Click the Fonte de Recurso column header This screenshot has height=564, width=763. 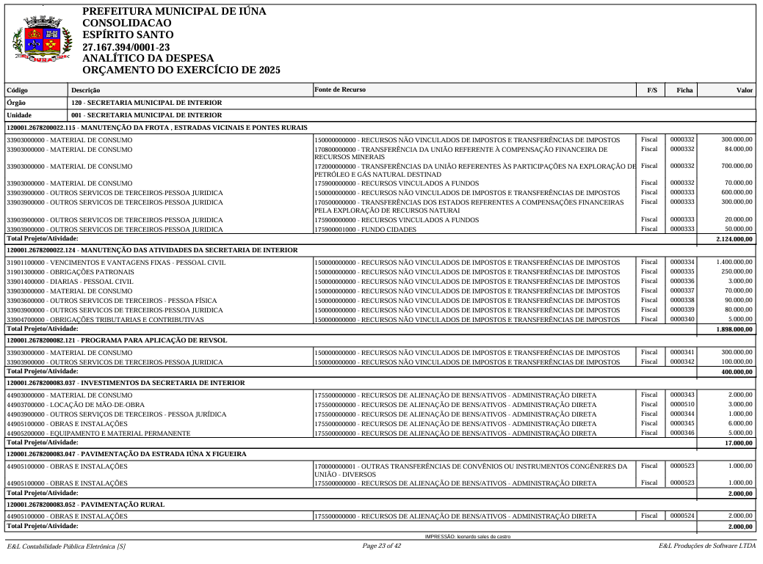pos(339,89)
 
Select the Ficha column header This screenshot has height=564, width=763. pos(684,90)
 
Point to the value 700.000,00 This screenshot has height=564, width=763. pos(737,166)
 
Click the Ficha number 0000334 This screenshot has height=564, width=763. pos(681,262)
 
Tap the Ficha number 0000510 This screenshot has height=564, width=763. pos(681,404)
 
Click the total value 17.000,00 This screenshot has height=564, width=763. pos(739,443)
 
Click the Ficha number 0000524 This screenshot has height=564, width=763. pos(681,516)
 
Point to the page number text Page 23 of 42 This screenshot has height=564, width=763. pos(382,546)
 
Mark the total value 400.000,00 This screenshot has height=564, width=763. pos(737,373)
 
